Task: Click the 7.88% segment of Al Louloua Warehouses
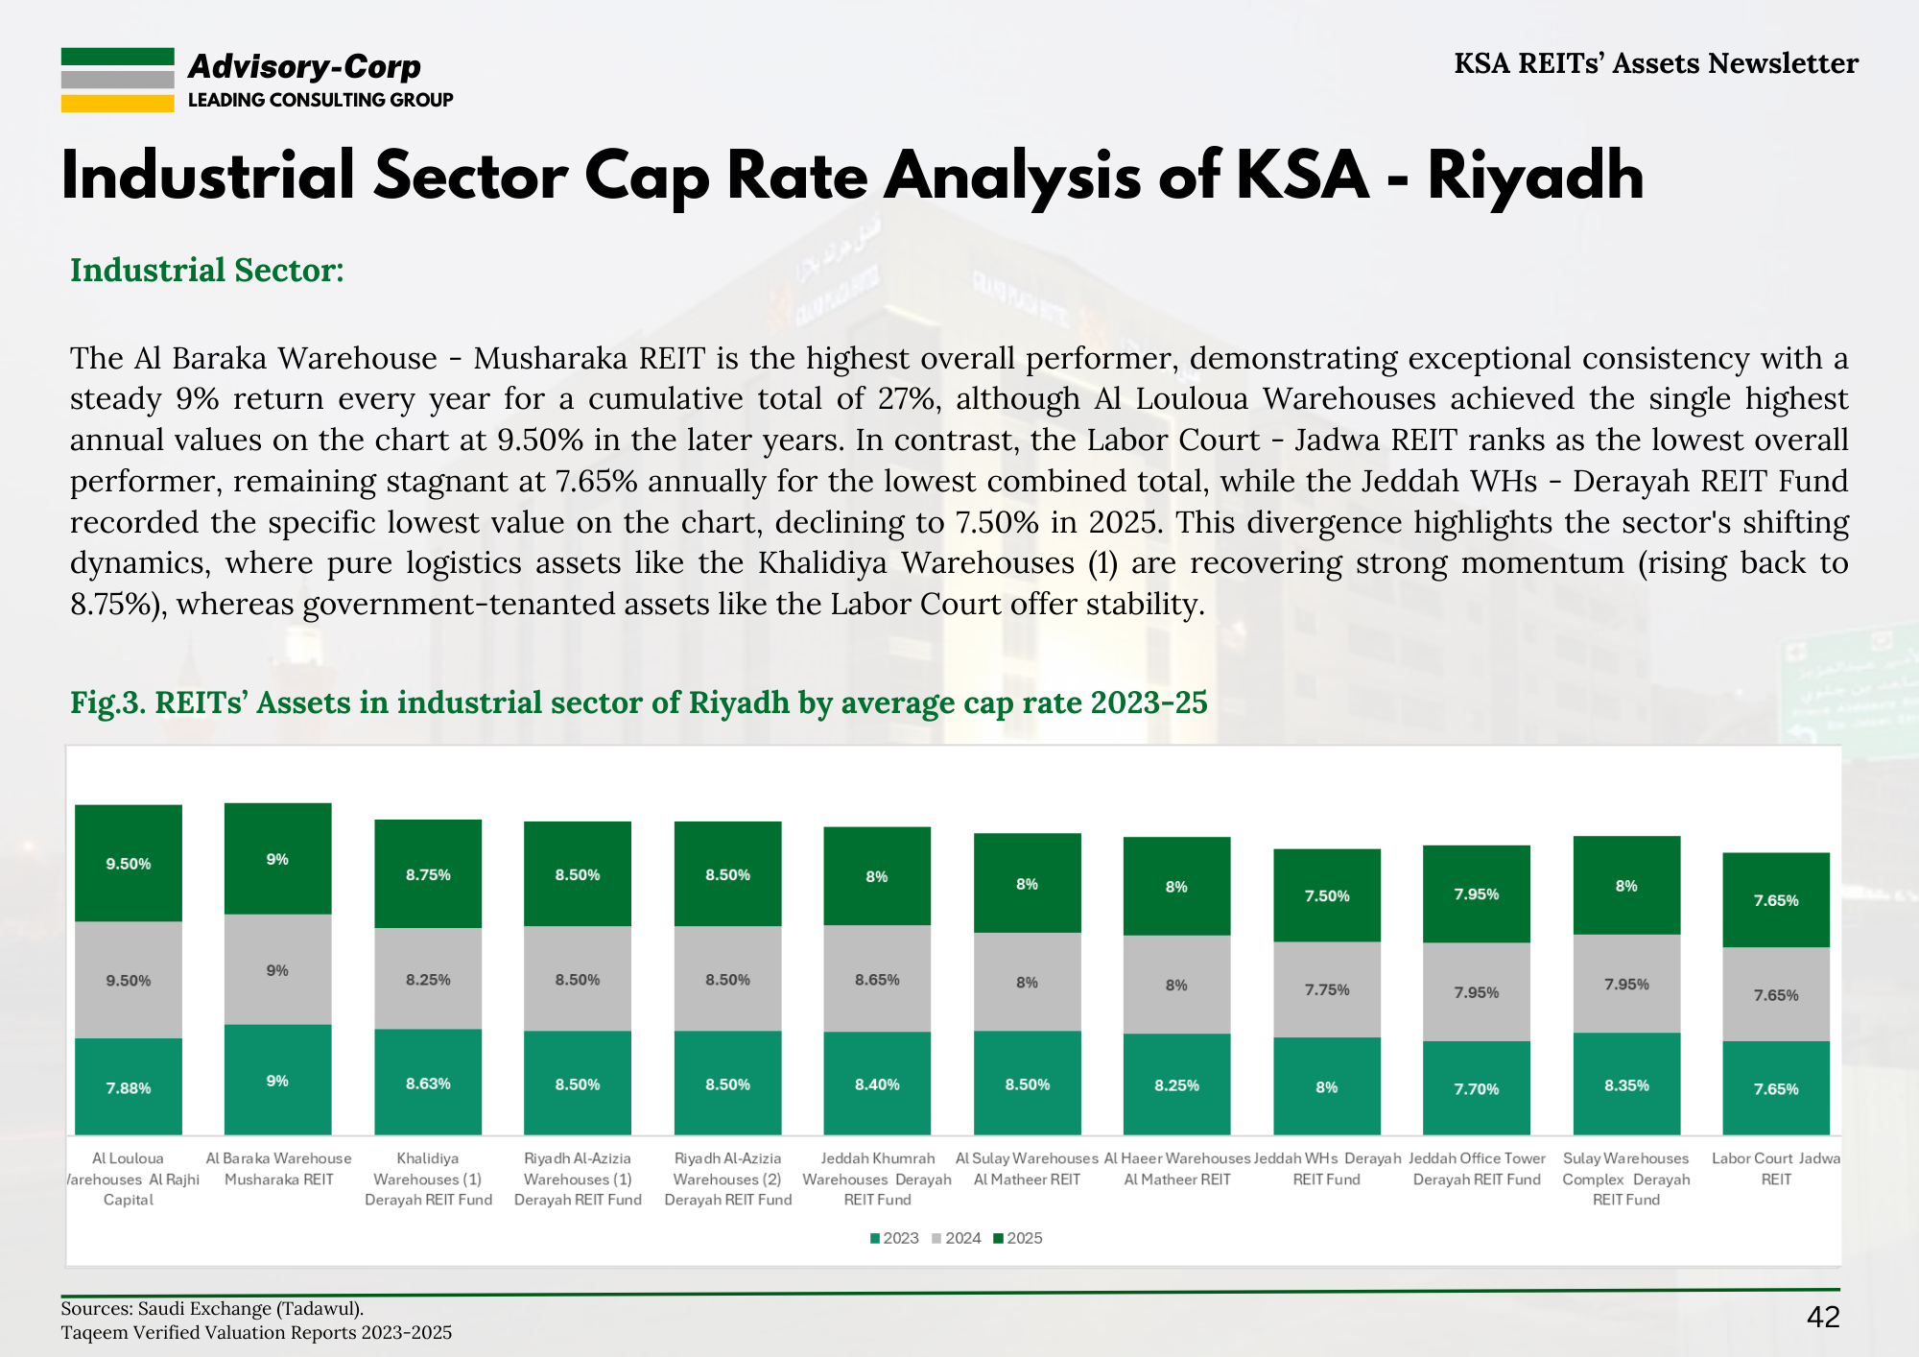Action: pyautogui.click(x=129, y=1087)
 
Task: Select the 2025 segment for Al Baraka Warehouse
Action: pyautogui.click(x=277, y=859)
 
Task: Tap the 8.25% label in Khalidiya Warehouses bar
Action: pyautogui.click(x=428, y=980)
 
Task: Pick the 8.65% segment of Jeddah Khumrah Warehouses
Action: pyautogui.click(x=877, y=980)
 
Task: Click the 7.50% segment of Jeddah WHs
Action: pyautogui.click(x=1327, y=895)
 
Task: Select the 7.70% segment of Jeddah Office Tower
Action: pyautogui.click(x=1476, y=1088)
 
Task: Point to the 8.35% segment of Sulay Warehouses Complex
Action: pyautogui.click(x=1626, y=1085)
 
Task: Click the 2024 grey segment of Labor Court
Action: pyautogui.click(x=1776, y=995)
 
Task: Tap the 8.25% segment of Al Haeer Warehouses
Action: pyautogui.click(x=1176, y=1085)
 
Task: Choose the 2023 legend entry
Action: pyautogui.click(x=894, y=1238)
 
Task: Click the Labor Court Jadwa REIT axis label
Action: pyautogui.click(x=1776, y=1169)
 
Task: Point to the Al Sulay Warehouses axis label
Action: pyautogui.click(x=1027, y=1169)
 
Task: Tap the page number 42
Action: pyautogui.click(x=1823, y=1317)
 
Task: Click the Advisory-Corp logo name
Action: pyautogui.click(x=304, y=66)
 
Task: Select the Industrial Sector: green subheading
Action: pyautogui.click(x=207, y=271)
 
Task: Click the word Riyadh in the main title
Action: pyautogui.click(x=1535, y=177)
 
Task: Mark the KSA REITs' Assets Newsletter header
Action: pyautogui.click(x=1656, y=63)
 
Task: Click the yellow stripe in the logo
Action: pyautogui.click(x=117, y=104)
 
